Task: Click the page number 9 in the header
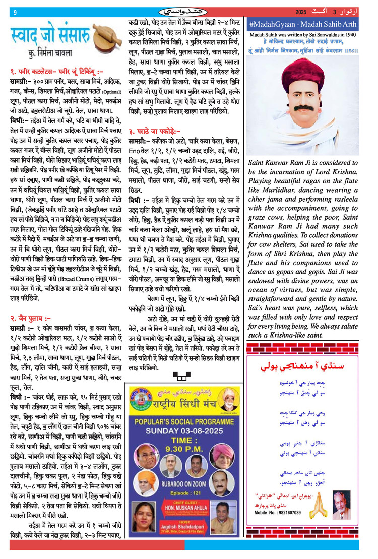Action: click(x=15, y=13)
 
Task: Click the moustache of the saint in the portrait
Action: click(x=304, y=107)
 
